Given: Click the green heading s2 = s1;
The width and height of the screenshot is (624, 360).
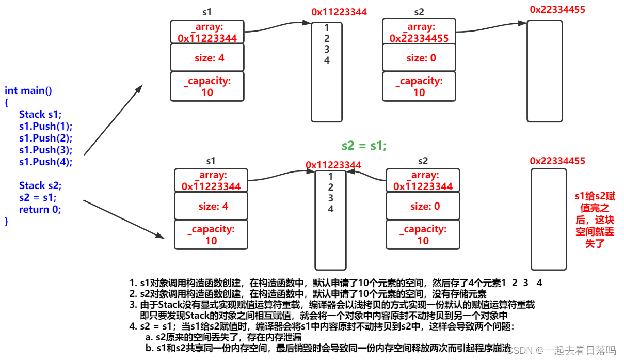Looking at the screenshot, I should (x=364, y=146).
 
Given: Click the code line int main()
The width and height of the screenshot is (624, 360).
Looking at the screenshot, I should (x=28, y=91).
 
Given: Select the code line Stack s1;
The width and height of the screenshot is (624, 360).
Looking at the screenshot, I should (x=40, y=115).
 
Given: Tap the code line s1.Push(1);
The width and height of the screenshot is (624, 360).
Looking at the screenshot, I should (x=45, y=126).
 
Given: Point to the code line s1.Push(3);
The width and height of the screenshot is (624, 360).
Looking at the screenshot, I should (x=45, y=150).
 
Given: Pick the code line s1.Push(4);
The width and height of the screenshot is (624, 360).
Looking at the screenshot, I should (x=45, y=162).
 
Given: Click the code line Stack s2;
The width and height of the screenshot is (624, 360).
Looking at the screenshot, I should (x=40, y=185).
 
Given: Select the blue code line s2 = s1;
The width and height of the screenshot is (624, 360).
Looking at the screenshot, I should (x=38, y=197).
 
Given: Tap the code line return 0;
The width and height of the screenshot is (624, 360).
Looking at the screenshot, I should (x=40, y=209).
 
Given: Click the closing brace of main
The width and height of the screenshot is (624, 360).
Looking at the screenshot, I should (x=7, y=221).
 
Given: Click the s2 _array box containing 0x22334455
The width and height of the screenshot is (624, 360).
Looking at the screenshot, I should (x=419, y=32).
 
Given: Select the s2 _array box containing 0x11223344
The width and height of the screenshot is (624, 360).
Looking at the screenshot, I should (x=423, y=181).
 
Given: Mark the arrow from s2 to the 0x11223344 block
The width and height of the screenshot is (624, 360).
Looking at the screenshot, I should (x=366, y=177).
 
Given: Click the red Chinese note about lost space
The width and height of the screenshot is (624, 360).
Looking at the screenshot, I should (x=595, y=220).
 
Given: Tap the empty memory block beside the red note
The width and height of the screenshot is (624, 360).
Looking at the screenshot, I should (x=548, y=219).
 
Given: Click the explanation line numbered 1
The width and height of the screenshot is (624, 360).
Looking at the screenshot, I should (x=335, y=283).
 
